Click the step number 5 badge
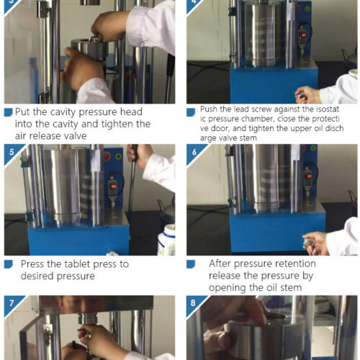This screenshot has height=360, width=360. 11,152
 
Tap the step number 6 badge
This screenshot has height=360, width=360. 194,152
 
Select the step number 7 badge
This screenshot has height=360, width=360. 11,303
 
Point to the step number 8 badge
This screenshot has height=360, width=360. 194,303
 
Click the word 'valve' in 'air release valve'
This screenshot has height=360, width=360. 74,136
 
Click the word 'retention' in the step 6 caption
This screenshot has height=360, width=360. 295,264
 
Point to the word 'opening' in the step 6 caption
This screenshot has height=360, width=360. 225,288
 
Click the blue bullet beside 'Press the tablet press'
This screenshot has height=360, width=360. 9,264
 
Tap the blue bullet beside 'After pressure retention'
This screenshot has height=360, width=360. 191,264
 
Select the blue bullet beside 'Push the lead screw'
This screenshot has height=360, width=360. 191,112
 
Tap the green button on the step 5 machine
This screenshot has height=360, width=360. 118,157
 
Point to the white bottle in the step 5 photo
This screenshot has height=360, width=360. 166,240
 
